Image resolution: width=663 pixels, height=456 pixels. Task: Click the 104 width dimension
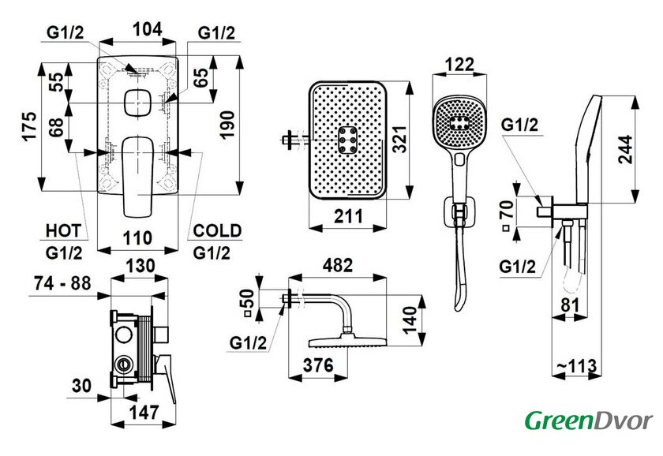point(147,29)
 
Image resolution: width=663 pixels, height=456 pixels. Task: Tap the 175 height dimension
point(30,126)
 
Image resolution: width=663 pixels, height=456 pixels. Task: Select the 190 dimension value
point(227,125)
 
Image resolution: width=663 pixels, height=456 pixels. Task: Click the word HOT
point(63,231)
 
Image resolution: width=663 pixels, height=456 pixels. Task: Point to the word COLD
point(217,230)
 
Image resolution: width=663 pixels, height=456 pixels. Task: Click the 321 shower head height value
point(399,139)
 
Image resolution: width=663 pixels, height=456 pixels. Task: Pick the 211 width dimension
point(348,216)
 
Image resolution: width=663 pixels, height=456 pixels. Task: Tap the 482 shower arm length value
point(338,265)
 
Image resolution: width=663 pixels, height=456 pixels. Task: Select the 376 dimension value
point(318,365)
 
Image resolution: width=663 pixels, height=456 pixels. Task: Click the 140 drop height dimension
point(410,320)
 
